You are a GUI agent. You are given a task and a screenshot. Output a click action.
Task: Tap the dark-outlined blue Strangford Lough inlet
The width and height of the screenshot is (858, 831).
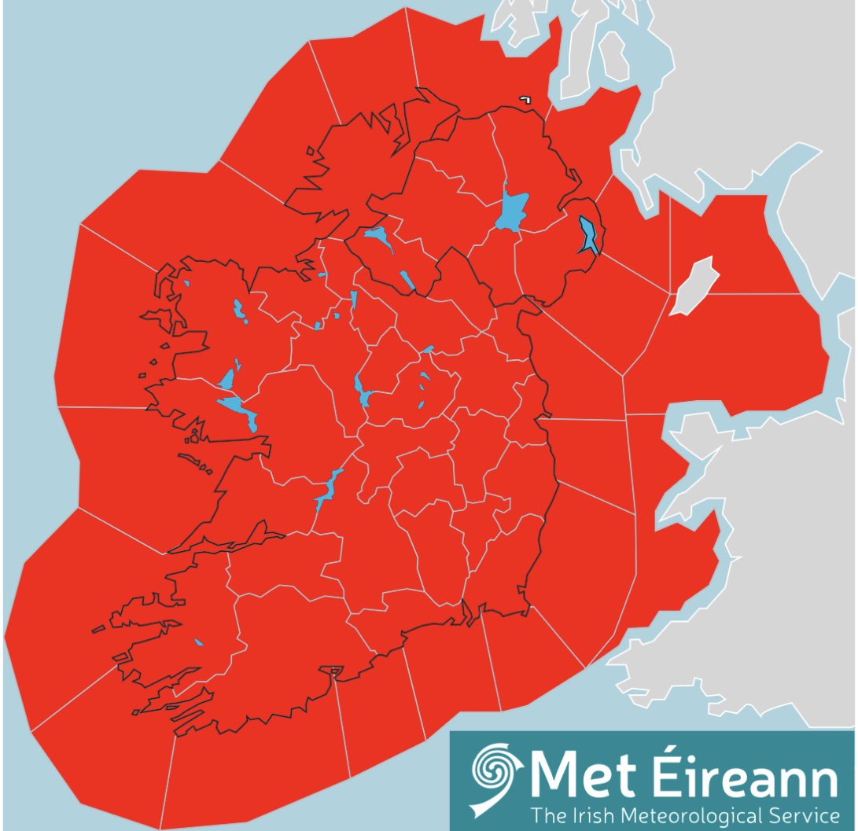click(588, 235)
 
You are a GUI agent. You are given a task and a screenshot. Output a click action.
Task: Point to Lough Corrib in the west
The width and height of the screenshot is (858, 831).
click(237, 407)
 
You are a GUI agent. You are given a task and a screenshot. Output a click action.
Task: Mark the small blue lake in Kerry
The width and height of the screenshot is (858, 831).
click(198, 642)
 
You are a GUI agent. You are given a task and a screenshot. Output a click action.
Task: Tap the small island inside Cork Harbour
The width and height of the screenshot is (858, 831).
click(334, 671)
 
